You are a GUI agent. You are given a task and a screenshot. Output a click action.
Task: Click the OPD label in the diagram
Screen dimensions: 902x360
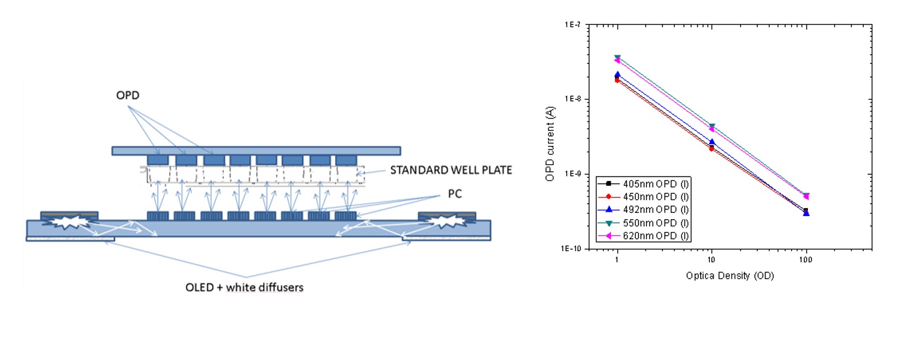(x=127, y=95)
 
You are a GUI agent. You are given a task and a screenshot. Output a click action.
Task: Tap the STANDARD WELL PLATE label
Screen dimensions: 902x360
(x=451, y=170)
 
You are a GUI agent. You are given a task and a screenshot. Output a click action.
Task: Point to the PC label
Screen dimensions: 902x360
(x=454, y=194)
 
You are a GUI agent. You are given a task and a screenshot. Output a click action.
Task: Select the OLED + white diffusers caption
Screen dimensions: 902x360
(x=244, y=287)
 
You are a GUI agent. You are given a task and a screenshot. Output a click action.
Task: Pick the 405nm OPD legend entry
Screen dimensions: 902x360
(x=643, y=184)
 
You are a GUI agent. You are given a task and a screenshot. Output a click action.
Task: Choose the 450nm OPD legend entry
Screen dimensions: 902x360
(x=643, y=197)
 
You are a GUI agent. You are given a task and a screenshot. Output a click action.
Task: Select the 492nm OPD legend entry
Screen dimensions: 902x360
(x=643, y=210)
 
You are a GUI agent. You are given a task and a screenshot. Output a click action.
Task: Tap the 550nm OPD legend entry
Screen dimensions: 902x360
(x=643, y=223)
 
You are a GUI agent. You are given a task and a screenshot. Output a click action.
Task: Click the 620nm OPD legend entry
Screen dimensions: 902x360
(x=643, y=236)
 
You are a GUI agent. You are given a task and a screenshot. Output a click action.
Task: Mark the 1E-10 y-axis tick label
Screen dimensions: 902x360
(x=571, y=249)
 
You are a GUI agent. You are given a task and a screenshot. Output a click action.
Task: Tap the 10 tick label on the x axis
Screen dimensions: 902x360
(x=712, y=260)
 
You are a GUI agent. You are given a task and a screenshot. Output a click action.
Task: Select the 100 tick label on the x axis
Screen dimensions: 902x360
(x=806, y=260)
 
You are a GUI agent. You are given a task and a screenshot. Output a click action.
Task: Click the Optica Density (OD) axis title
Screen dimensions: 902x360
(x=730, y=276)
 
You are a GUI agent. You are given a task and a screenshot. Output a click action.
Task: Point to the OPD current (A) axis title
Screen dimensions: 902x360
(x=550, y=144)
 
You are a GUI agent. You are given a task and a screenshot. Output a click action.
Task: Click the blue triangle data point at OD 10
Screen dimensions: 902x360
(x=712, y=142)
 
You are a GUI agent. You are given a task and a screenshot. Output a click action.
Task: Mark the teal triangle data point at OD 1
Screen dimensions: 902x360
(x=618, y=58)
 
